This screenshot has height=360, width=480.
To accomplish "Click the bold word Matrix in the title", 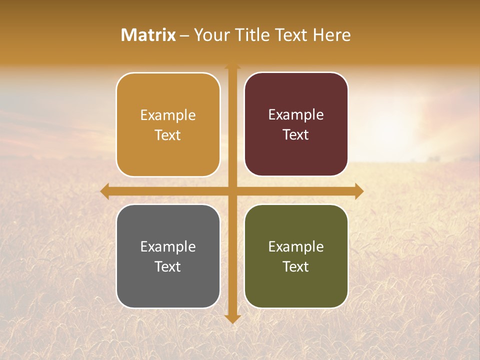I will click(148, 35).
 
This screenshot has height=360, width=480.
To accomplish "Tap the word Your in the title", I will click(210, 35).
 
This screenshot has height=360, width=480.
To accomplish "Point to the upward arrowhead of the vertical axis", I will click(232, 67).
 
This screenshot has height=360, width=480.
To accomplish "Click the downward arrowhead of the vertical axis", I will click(232, 319).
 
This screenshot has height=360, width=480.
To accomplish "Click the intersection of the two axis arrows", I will click(232, 191).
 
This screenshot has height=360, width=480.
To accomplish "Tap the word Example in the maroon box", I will click(296, 115).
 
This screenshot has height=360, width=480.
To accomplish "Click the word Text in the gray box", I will click(168, 266).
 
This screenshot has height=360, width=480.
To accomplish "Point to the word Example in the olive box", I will click(296, 246).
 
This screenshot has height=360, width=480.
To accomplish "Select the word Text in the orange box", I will click(168, 135).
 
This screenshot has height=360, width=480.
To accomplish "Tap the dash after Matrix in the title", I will click(184, 35).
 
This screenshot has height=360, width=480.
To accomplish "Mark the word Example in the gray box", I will click(168, 246).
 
